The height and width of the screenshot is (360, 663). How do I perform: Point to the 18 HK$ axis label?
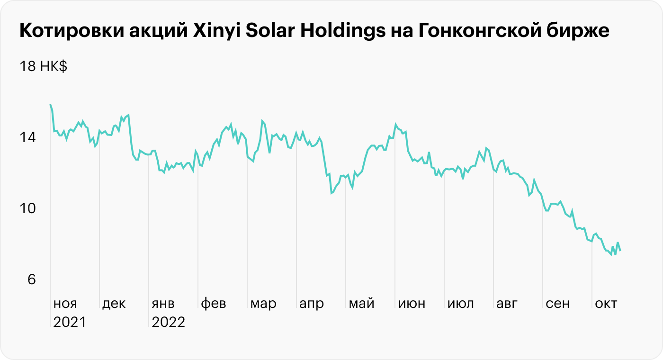tap(43, 67)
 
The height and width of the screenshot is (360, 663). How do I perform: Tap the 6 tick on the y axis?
tap(31, 280)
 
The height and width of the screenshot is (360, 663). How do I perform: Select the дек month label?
tap(114, 304)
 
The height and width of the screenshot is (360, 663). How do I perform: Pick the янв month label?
tap(163, 304)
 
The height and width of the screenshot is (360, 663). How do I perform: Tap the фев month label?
tap(214, 304)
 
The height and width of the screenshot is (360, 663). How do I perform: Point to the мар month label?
tap(263, 304)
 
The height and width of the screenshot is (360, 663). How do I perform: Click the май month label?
tap(361, 304)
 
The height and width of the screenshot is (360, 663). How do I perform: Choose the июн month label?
tap(412, 304)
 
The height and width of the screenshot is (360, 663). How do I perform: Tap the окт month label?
tap(606, 304)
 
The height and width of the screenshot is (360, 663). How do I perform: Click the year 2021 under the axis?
tap(69, 323)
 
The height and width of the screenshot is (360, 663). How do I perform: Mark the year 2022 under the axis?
tap(168, 323)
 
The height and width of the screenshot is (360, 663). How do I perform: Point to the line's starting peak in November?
tap(50, 105)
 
